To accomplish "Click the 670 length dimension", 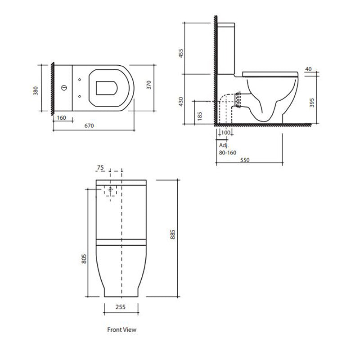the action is pyautogui.click(x=89, y=126).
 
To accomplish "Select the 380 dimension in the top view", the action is pyautogui.click(x=36, y=91).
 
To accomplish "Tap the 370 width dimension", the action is pyautogui.click(x=149, y=85).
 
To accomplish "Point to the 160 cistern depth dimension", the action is pyautogui.click(x=61, y=118).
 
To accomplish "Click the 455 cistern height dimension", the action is pyautogui.click(x=181, y=53).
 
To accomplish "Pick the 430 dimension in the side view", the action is pyautogui.click(x=181, y=102).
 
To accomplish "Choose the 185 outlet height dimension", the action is pyautogui.click(x=200, y=116).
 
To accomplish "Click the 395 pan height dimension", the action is pyautogui.click(x=312, y=103).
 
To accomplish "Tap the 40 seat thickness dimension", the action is pyautogui.click(x=309, y=69).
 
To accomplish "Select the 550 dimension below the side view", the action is pyautogui.click(x=245, y=160).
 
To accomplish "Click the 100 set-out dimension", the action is pyautogui.click(x=226, y=132).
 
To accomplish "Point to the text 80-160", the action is pyautogui.click(x=228, y=153).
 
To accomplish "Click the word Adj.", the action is pyautogui.click(x=224, y=145).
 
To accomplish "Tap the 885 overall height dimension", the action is pyautogui.click(x=173, y=234).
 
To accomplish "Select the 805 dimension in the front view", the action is pyautogui.click(x=84, y=259).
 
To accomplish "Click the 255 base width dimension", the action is pyautogui.click(x=121, y=307).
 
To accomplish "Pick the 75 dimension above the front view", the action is pyautogui.click(x=100, y=167).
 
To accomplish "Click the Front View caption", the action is pyautogui.click(x=121, y=330).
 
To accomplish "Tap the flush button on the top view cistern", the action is pyautogui.click(x=64, y=88).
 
